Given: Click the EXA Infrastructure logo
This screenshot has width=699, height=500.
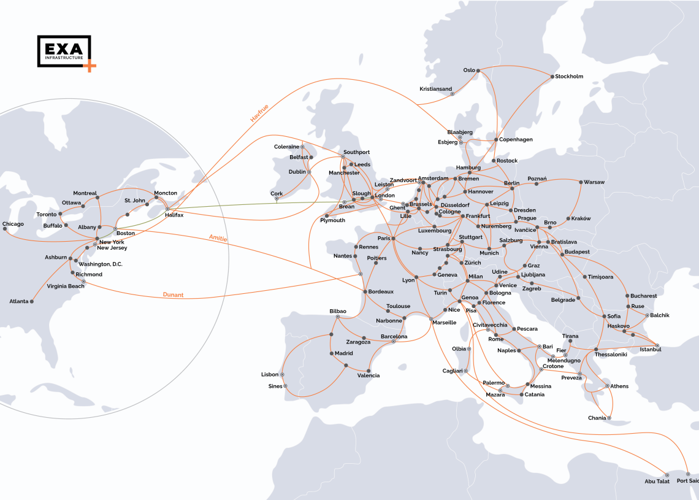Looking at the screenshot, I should [65, 52].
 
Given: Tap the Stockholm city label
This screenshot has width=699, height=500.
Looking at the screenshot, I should [570, 77].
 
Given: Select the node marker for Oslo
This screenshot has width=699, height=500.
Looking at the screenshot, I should [479, 70].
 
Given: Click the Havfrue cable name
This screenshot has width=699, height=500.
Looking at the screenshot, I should [259, 113].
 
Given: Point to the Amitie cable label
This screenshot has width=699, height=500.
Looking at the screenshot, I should [218, 238].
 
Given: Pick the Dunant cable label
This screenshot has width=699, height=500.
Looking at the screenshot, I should [173, 295].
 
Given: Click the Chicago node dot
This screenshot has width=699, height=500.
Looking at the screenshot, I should [5, 229].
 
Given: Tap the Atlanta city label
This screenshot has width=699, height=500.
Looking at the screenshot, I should [18, 301].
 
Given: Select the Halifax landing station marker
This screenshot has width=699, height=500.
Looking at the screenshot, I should [167, 209].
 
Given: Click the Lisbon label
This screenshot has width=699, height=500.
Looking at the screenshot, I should [270, 374].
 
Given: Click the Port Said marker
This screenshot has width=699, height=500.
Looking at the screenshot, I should [688, 474].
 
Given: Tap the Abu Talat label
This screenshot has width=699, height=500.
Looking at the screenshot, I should [657, 482].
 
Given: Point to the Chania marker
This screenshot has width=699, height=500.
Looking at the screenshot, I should [609, 418].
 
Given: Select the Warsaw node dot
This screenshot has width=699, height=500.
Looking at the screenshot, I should [580, 182].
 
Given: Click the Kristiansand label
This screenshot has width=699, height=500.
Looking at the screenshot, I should [435, 89].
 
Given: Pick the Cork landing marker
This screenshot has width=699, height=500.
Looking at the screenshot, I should [277, 199].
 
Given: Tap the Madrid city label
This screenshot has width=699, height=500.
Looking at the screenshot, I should [343, 353].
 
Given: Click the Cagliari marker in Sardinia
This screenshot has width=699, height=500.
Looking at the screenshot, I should [466, 371].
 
